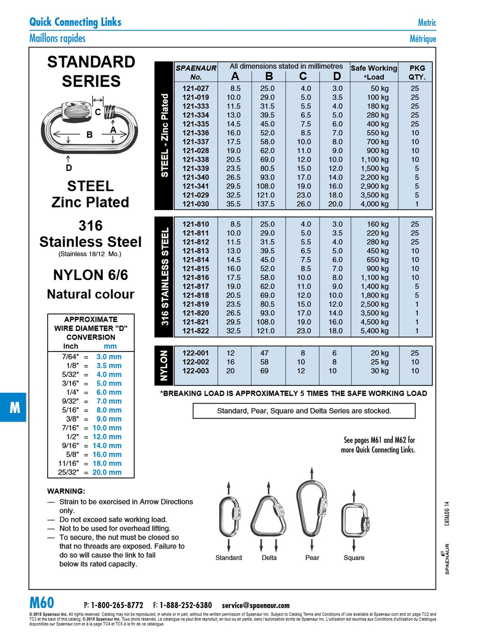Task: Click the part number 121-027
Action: coord(196,88)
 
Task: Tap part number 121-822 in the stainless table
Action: coord(196,331)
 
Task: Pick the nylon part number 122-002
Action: coord(196,362)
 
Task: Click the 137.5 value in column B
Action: coord(265,204)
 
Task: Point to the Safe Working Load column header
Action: coord(374,72)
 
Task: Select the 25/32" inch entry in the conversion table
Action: coord(69,472)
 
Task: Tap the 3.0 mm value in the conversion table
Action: coord(109,357)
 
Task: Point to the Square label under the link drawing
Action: coord(354,558)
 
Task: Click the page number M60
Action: coord(42,603)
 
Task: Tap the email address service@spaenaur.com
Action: coord(256,605)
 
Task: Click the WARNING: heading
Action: coord(66,491)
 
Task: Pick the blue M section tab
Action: coord(14,407)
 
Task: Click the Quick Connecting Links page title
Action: coord(75,22)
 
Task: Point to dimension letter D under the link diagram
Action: coord(69,168)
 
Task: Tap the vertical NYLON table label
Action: coord(164,365)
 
